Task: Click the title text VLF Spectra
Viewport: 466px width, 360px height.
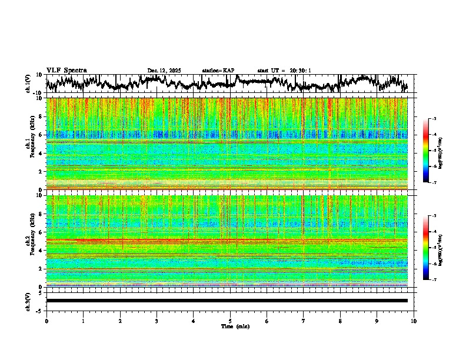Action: pos(66,71)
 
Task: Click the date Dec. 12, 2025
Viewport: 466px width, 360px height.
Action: pos(164,71)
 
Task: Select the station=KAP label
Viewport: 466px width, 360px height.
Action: pos(218,71)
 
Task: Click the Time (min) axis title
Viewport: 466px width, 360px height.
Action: pos(235,326)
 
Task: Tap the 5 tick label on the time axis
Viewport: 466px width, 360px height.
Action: pos(230,321)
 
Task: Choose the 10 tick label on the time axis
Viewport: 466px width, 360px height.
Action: pos(414,321)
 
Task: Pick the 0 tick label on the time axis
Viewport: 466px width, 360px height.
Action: pos(46,321)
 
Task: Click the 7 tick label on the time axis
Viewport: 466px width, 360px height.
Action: pos(304,321)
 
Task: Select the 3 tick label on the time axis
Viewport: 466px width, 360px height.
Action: pos(157,321)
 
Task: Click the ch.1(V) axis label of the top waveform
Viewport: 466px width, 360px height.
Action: pos(28,84)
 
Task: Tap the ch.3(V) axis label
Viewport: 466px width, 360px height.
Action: pos(28,301)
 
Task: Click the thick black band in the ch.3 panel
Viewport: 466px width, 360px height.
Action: pos(227,301)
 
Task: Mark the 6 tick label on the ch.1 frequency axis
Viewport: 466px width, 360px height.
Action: pos(41,135)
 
